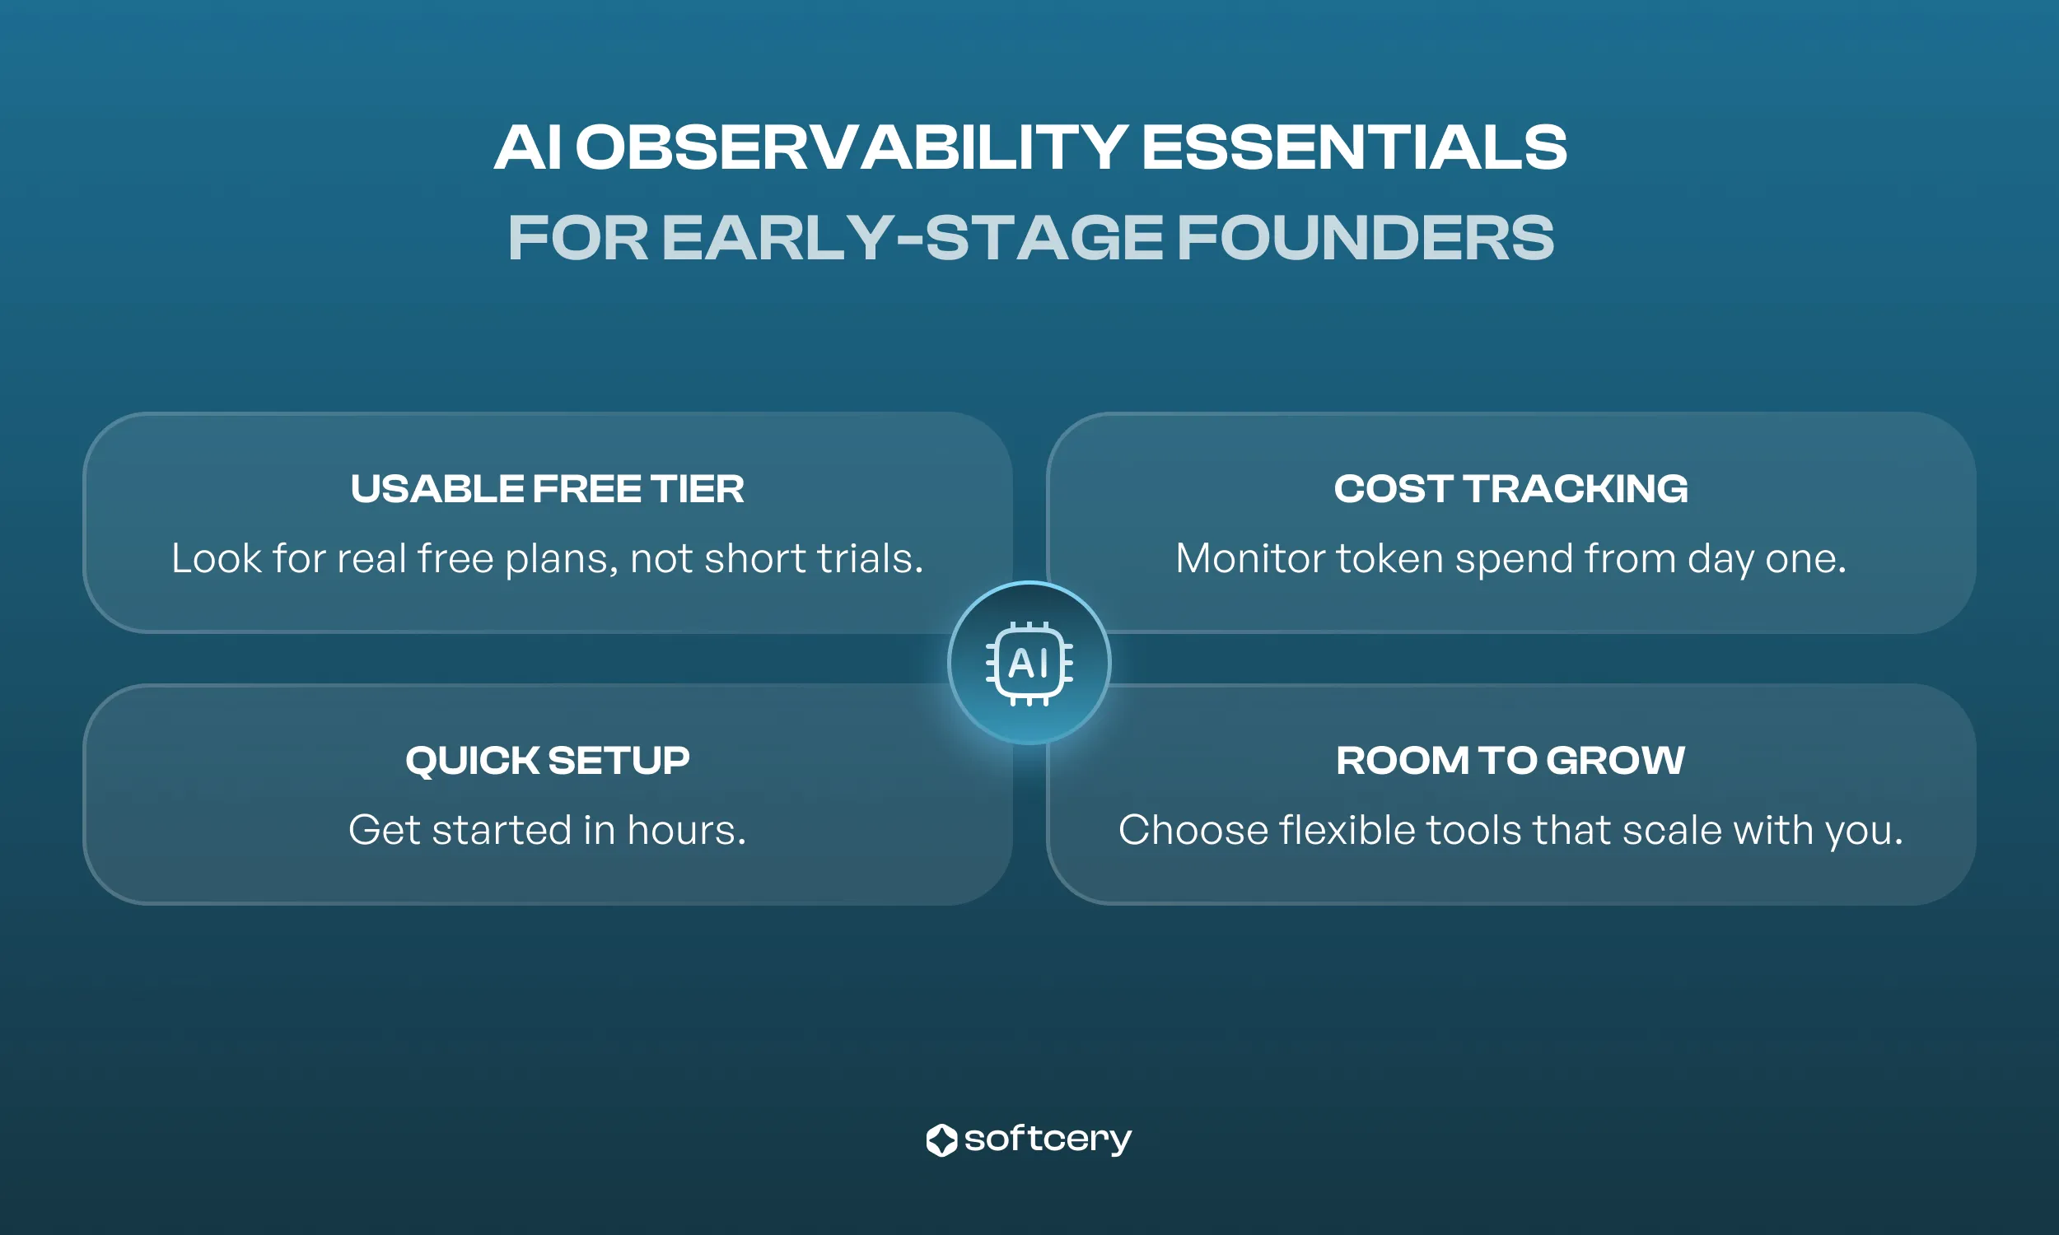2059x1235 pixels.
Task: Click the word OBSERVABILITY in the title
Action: (851, 148)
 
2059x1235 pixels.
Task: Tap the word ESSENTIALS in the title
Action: (1353, 148)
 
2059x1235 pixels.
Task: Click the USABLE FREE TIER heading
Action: (547, 488)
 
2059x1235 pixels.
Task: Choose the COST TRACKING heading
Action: (1510, 488)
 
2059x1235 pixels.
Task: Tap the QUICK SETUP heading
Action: (547, 761)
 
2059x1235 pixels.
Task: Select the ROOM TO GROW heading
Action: (1510, 761)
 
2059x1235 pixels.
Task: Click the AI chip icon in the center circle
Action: (1029, 664)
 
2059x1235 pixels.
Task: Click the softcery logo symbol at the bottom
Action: (941, 1140)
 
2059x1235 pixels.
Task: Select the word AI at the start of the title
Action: (528, 148)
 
